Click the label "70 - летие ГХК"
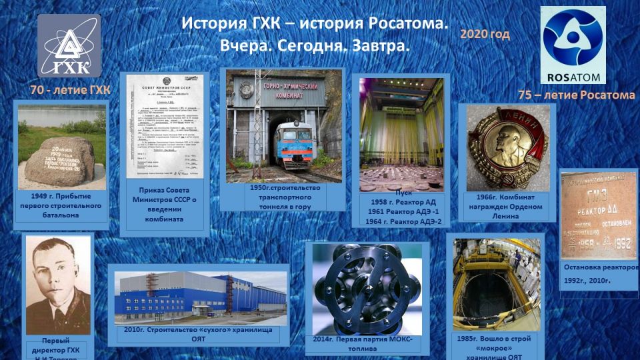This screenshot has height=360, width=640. [x=70, y=90]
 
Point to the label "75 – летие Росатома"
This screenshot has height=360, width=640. [x=576, y=95]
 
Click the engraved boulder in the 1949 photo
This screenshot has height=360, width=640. [x=59, y=161]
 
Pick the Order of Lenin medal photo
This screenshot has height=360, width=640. [x=507, y=147]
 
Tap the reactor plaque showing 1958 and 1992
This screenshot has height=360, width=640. [x=598, y=215]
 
